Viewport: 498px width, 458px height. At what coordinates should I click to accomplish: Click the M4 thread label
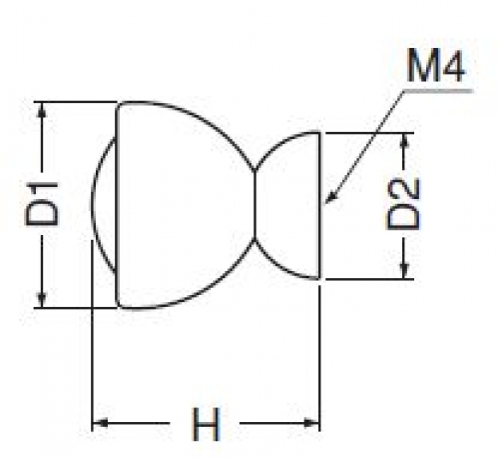click(x=435, y=66)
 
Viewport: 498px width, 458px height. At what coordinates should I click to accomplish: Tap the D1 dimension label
click(x=42, y=204)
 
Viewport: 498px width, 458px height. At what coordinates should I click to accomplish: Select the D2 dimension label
click(x=403, y=205)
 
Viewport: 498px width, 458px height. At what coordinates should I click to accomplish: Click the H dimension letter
click(x=206, y=423)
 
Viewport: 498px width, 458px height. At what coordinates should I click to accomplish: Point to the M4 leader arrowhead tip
click(x=325, y=203)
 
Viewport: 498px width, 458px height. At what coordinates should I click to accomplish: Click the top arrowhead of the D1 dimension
click(x=42, y=108)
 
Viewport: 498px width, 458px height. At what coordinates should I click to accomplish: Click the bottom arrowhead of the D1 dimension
click(x=42, y=300)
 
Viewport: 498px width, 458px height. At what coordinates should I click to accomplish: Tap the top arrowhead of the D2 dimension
click(x=404, y=140)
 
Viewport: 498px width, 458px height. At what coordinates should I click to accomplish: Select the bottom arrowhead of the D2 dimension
click(x=404, y=271)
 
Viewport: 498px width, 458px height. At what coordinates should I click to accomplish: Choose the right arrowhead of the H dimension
click(x=311, y=423)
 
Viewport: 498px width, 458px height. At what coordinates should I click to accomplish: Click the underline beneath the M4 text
click(x=438, y=90)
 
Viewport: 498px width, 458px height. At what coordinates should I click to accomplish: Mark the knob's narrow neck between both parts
click(x=254, y=205)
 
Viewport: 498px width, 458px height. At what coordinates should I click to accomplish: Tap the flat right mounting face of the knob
click(x=319, y=205)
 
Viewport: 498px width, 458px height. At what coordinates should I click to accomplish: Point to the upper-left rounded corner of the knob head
click(x=119, y=105)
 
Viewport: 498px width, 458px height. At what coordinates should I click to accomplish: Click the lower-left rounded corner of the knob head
click(x=119, y=304)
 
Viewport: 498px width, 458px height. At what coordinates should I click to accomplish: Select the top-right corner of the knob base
click(x=319, y=133)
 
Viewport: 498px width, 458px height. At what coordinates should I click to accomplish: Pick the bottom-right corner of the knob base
click(x=319, y=278)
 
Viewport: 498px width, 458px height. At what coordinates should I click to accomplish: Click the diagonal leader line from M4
click(x=364, y=147)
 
